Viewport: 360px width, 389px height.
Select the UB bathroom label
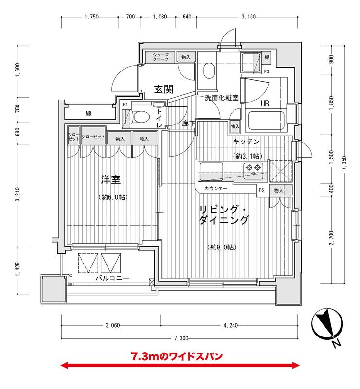tap(265, 104)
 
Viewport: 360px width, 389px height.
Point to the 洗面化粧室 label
tap(221, 98)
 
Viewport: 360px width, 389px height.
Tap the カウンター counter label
tap(216, 188)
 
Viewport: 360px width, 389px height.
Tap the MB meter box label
tap(88, 114)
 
